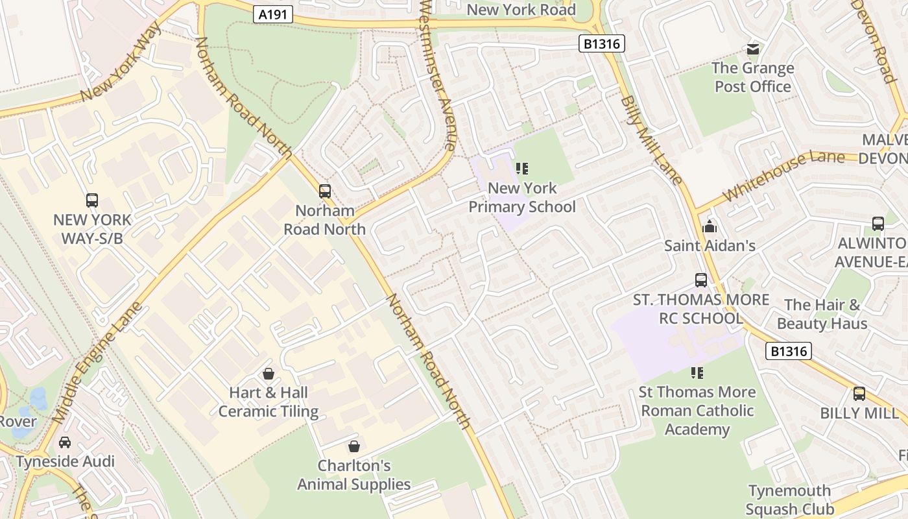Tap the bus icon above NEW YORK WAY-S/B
[x=92, y=200]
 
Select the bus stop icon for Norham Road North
[x=325, y=191]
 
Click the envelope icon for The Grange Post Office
[x=753, y=49]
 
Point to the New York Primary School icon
[x=522, y=169]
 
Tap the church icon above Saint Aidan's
[x=710, y=226]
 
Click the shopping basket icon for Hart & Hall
[x=269, y=374]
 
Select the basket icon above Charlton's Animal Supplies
[x=354, y=446]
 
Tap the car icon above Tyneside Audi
[x=65, y=442]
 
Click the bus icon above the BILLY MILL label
[x=859, y=394]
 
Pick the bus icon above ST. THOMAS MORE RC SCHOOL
[x=701, y=280]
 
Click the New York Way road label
[x=121, y=63]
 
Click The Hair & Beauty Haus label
[x=822, y=314]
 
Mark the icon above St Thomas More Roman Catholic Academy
[x=697, y=373]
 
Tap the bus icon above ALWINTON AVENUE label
[x=878, y=224]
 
